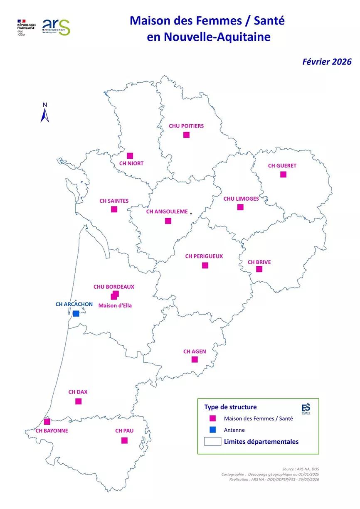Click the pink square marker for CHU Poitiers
point(186,135)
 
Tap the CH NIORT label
point(131,163)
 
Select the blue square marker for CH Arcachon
point(76,313)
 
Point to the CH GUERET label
point(282,166)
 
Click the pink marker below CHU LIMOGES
point(240,207)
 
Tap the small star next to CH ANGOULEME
point(191,213)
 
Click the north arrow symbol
point(45,113)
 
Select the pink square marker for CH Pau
point(124,440)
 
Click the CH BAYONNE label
point(52,431)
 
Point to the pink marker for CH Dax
point(78,401)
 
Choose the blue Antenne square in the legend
point(212,430)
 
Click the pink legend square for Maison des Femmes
point(212,418)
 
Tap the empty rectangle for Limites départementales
point(212,442)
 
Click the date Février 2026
point(327,61)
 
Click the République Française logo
point(27,27)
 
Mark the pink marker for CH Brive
point(259,269)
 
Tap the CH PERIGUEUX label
point(204,256)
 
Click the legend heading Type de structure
point(230,407)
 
